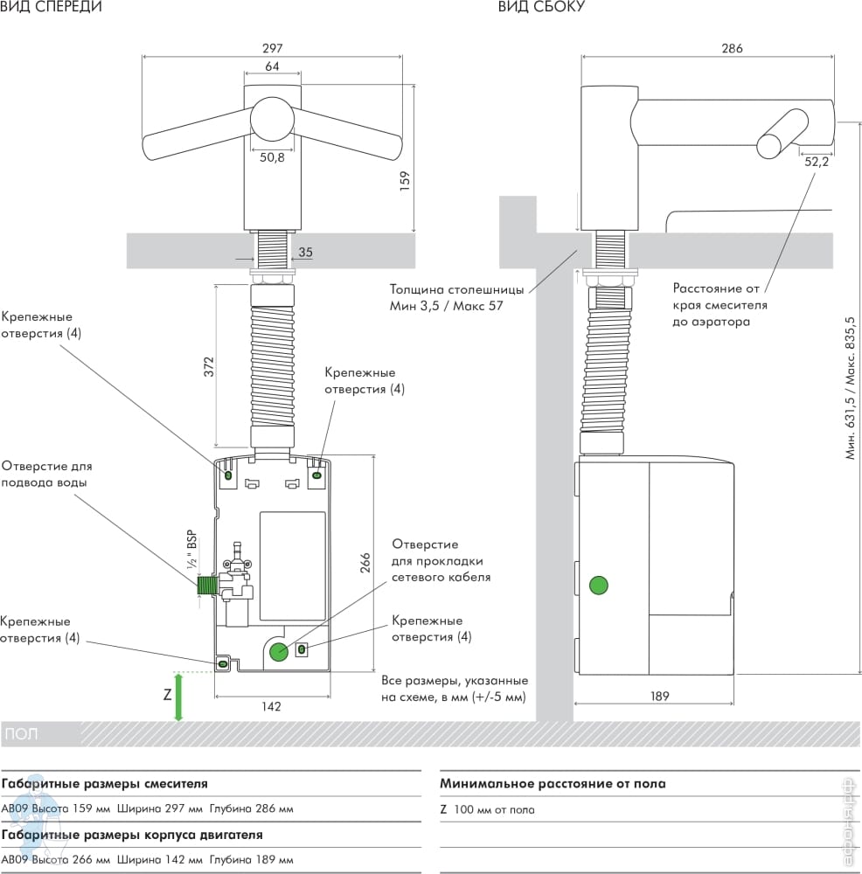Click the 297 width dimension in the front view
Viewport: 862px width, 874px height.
pos(273,48)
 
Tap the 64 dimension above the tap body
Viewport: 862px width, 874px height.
pos(272,66)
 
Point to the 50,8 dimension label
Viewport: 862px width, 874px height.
pos(272,157)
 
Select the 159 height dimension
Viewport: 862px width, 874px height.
pos(405,181)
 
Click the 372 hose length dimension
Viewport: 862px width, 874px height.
pos(209,367)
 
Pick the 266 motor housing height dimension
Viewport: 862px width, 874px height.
pos(365,563)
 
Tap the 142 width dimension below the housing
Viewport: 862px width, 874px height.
pos(272,707)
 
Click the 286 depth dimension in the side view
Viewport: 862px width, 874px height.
pos(732,48)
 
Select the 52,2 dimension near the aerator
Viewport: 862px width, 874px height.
pos(817,162)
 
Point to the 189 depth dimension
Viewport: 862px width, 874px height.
pos(659,697)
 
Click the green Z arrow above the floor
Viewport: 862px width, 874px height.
pos(178,697)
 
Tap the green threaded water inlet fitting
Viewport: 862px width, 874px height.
pos(207,586)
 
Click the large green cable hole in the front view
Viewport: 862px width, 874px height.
pos(279,652)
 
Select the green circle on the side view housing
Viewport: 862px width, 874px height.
pos(598,586)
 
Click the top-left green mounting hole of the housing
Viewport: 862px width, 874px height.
pos(228,475)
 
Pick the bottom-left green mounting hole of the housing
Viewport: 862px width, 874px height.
pos(222,663)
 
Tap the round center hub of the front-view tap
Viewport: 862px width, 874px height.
pos(272,119)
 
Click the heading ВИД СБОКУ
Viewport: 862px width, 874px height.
pos(541,7)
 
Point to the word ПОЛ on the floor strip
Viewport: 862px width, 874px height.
pos(22,733)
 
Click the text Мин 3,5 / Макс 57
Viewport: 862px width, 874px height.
pos(446,306)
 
